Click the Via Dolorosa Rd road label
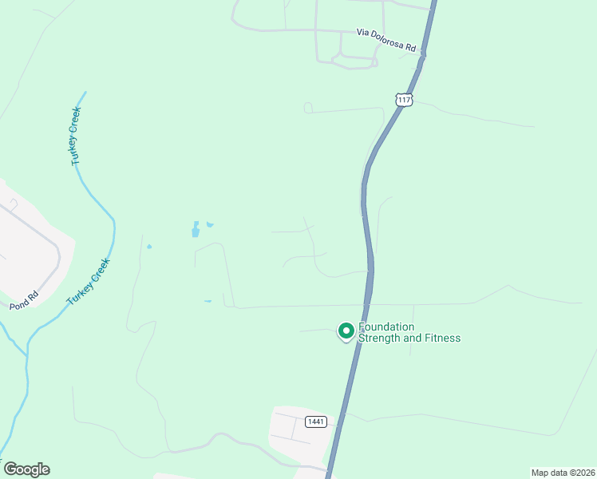tap(386, 41)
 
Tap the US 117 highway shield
tap(404, 100)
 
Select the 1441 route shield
tap(316, 422)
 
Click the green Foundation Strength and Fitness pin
tap(346, 331)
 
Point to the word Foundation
tap(387, 327)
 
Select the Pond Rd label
tap(24, 301)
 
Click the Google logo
tap(26, 469)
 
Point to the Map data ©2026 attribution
tap(562, 472)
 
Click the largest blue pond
tap(196, 231)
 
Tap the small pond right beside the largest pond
tap(210, 224)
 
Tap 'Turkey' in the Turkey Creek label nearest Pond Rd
tap(77, 293)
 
